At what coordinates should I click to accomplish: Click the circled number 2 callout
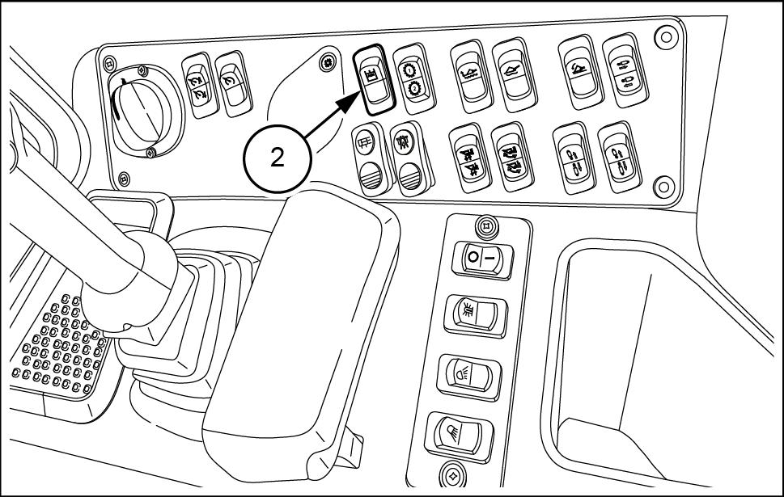(x=278, y=159)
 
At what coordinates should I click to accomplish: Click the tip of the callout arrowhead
(x=358, y=93)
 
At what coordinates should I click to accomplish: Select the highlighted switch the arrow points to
(x=375, y=79)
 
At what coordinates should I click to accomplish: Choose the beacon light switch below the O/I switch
(x=477, y=314)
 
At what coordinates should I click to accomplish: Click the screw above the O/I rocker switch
(x=484, y=227)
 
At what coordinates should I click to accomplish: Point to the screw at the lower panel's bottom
(x=452, y=474)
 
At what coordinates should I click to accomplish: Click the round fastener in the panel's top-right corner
(x=666, y=37)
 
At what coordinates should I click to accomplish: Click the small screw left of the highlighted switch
(x=328, y=63)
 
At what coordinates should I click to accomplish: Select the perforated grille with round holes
(x=60, y=344)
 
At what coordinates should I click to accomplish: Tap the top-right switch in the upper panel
(x=625, y=71)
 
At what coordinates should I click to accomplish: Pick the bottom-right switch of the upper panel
(x=620, y=158)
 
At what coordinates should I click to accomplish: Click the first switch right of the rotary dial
(x=201, y=85)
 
